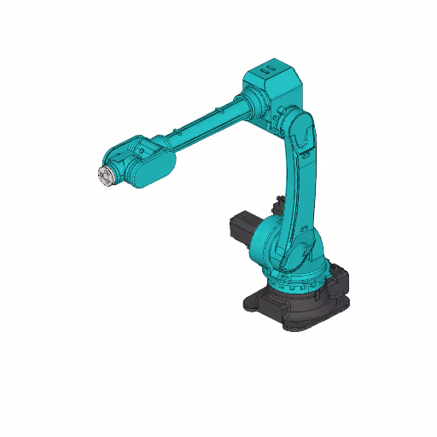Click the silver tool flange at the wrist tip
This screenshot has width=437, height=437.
click(x=103, y=176)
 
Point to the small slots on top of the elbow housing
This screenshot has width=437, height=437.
click(x=266, y=66)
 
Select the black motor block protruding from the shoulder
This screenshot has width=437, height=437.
click(x=242, y=229)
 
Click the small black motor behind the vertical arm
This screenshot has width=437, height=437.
click(x=276, y=206)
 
